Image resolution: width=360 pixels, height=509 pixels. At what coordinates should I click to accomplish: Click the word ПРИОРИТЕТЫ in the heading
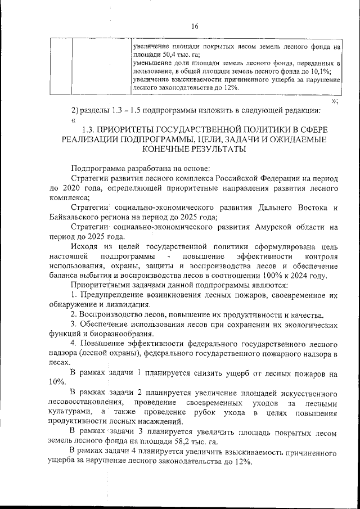click(132, 130)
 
